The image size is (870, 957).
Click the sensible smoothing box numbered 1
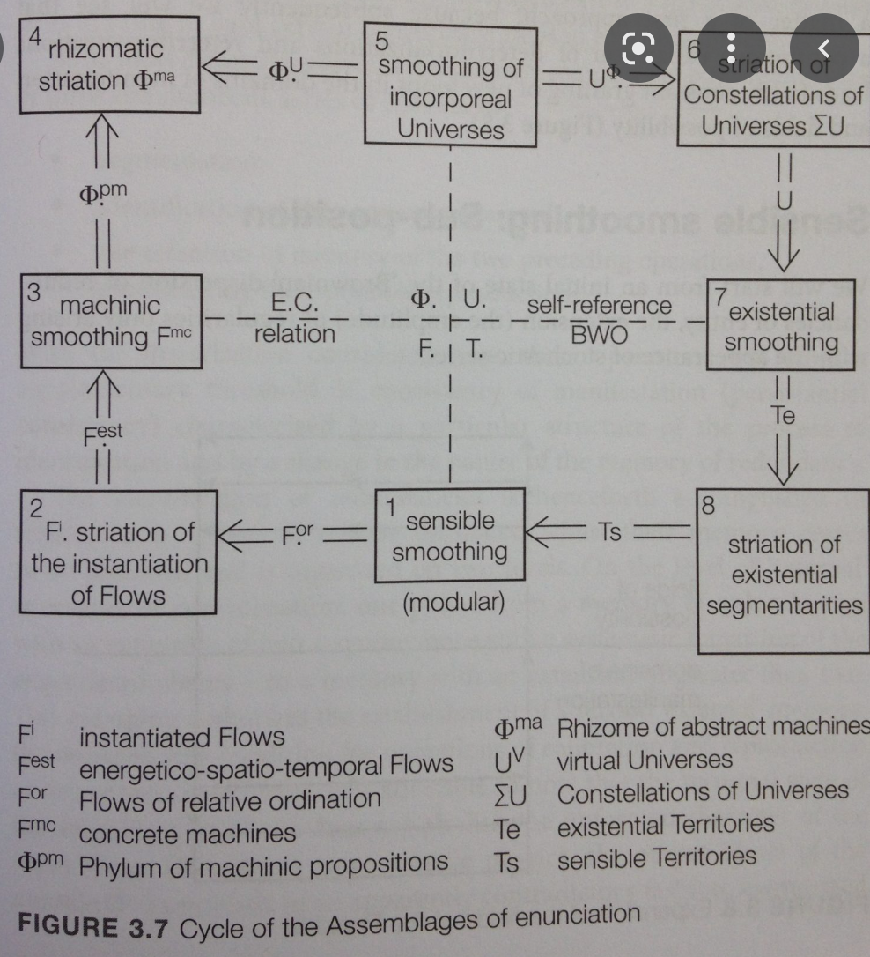point(449,536)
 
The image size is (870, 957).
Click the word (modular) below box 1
point(453,603)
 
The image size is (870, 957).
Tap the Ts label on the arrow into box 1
point(609,531)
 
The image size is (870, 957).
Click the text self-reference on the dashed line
point(599,307)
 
